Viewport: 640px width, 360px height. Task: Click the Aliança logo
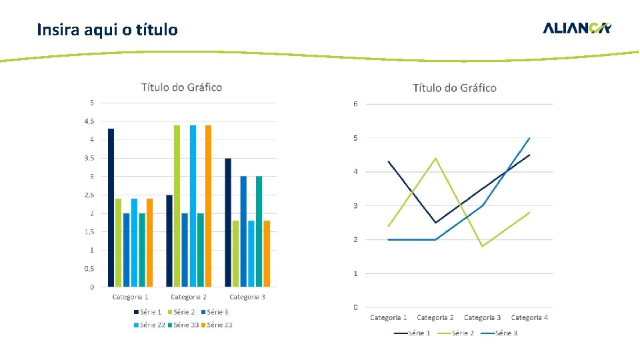(x=577, y=28)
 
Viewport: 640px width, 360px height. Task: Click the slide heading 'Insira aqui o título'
(x=107, y=30)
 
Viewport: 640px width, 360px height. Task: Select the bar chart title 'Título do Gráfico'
(x=181, y=87)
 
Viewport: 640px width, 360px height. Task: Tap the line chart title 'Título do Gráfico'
(x=454, y=88)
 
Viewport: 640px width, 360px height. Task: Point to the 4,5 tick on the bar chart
(x=88, y=121)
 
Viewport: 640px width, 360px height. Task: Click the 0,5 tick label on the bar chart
(x=88, y=269)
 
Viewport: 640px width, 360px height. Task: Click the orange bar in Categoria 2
(x=208, y=206)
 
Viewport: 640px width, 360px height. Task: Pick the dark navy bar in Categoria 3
(x=228, y=223)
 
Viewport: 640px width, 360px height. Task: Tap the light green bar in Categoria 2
(x=177, y=206)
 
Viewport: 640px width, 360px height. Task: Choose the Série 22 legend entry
(x=149, y=325)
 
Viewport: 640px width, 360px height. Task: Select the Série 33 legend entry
(x=183, y=325)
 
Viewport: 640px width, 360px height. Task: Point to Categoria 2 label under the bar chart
(x=189, y=297)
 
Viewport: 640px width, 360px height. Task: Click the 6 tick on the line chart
(x=356, y=104)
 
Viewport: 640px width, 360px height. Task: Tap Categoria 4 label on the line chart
(x=529, y=317)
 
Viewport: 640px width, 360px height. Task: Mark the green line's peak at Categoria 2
(x=435, y=158)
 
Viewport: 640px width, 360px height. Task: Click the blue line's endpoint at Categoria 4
(x=529, y=138)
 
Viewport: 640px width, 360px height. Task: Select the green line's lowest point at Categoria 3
(x=482, y=246)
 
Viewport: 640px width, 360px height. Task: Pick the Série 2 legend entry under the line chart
(x=458, y=333)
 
